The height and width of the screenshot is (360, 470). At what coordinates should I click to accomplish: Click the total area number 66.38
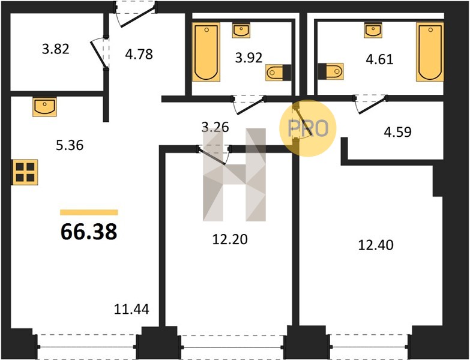pos(89,232)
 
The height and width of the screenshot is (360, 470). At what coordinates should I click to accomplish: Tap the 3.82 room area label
pos(55,49)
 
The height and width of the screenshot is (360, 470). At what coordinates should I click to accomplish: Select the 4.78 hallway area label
pos(139,55)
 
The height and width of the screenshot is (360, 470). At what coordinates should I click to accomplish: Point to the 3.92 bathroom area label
pos(249,58)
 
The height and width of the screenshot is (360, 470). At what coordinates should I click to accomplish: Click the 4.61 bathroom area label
pos(379,59)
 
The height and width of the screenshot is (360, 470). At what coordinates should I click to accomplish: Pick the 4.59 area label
pos(397,132)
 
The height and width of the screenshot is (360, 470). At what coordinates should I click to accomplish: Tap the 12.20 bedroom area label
pos(230,239)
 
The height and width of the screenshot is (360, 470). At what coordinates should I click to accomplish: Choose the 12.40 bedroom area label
pos(376,245)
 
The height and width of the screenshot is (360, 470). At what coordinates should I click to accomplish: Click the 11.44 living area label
pos(131,309)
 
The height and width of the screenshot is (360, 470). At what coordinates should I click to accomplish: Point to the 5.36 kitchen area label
pos(70,146)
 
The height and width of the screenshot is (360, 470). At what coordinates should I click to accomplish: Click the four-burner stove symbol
pos(25,172)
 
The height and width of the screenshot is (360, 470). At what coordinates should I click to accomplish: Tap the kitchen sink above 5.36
pos(44,107)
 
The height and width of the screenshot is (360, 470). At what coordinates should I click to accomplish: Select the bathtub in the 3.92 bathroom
pos(206,52)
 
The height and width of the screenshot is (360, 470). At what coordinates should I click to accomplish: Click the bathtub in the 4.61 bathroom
pos(430,52)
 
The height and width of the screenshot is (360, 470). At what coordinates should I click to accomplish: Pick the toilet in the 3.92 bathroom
pos(278,73)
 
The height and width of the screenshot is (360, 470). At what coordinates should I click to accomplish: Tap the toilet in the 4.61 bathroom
pos(331,71)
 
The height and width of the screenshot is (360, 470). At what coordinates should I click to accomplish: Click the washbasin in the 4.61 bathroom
pos(373,30)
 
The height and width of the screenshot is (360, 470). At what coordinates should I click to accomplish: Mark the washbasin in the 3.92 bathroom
pos(241,30)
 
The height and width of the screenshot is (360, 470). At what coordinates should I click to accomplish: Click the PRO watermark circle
pos(308,128)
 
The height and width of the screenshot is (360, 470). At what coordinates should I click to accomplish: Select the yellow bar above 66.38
pos(89,212)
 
